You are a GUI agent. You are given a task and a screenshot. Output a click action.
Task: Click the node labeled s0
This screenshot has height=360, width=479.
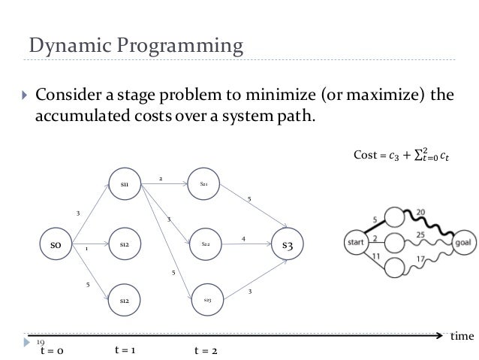tap(56, 245)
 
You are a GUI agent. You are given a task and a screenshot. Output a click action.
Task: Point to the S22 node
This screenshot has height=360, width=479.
tap(205, 244)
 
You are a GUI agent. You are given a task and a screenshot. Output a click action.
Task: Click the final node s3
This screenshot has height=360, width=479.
tap(288, 245)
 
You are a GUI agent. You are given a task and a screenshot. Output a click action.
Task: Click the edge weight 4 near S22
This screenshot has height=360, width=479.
tap(243, 239)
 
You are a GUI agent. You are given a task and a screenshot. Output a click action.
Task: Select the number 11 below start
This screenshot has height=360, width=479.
tap(375, 257)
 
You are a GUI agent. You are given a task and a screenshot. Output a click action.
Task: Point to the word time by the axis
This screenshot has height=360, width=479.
tap(461, 337)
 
